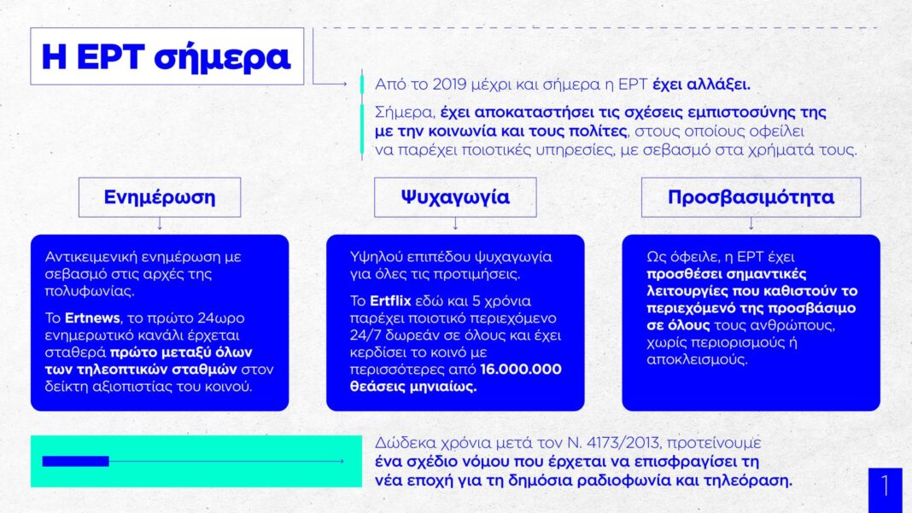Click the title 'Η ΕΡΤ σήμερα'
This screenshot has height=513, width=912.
click(x=167, y=56)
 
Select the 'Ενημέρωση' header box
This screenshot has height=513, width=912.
click(x=160, y=197)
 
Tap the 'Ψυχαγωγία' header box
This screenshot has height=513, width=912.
click(x=455, y=197)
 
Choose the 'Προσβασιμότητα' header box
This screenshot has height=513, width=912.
click(x=751, y=197)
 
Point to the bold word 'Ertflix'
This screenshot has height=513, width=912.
click(x=390, y=300)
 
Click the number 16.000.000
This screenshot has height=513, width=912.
click(x=521, y=369)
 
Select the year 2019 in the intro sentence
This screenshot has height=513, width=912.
click(x=452, y=85)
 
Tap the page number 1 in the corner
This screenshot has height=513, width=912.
click(x=886, y=487)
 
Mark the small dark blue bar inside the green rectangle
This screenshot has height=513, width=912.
click(x=76, y=461)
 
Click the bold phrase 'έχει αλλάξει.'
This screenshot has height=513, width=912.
click(x=701, y=85)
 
